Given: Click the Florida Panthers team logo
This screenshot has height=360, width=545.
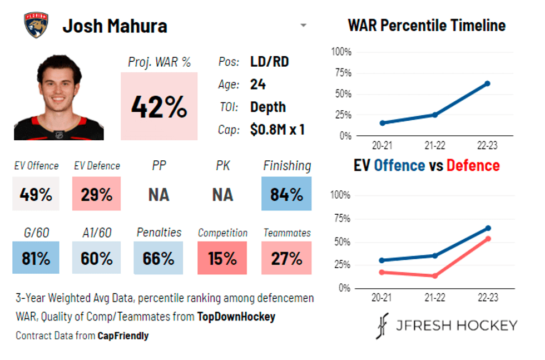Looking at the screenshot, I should [36, 26].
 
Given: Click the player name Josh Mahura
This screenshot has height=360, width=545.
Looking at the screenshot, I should [115, 26].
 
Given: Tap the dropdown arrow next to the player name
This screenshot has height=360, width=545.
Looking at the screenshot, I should [303, 26].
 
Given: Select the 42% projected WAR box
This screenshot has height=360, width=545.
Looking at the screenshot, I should [159, 106].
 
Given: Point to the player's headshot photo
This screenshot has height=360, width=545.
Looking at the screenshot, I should [58, 98].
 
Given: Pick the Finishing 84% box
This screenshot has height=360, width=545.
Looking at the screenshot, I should [286, 194].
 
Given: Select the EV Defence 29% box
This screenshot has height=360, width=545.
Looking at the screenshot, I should [96, 194].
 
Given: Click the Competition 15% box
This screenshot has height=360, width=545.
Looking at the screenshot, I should [223, 258].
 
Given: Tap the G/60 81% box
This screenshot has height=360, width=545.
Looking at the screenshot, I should [36, 258].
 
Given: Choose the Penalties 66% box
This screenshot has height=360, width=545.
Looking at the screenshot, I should [158, 258].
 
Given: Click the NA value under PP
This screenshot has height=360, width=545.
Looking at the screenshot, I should [159, 195].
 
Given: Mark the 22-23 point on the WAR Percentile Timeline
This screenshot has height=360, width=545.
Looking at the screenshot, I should [487, 83].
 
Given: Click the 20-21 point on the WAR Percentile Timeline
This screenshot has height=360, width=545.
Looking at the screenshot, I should [383, 123].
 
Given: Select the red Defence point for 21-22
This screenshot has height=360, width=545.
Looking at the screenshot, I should [434, 276].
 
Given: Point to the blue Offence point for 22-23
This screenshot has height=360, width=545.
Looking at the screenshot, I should [488, 228].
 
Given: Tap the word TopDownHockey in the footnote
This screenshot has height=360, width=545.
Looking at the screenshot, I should [236, 317].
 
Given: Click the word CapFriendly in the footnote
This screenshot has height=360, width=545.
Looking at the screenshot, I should [123, 336].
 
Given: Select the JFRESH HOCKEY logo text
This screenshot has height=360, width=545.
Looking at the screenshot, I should [456, 326].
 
